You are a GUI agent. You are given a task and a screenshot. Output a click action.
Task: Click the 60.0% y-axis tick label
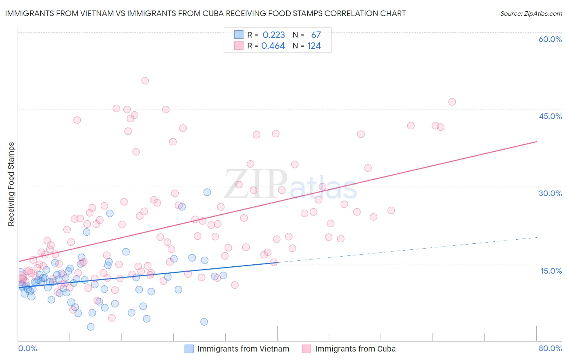point(550,39)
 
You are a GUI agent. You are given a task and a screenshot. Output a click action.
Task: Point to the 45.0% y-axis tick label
point(550,116)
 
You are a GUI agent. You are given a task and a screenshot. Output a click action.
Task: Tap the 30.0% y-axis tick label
point(550,193)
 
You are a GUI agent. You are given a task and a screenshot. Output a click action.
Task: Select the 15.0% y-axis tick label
point(551,271)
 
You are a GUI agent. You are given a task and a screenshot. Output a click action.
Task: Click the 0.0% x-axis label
point(27,348)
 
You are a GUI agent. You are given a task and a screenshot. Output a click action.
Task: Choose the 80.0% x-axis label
point(550,348)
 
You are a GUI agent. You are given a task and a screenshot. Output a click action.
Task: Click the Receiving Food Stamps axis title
point(11,184)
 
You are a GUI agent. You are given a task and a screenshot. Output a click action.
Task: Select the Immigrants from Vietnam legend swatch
point(189,349)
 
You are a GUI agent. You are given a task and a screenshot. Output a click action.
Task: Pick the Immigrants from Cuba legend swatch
point(307,349)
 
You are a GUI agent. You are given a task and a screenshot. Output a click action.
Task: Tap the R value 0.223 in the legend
point(274,35)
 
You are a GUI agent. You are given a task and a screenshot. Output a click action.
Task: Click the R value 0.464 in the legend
point(273,46)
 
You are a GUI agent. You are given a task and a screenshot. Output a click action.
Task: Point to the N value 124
point(314,46)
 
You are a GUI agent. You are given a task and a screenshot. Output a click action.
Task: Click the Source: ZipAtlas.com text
point(531,13)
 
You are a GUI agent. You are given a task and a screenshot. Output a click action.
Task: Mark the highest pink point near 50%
point(145,81)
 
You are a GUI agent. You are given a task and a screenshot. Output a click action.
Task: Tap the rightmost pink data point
point(452,102)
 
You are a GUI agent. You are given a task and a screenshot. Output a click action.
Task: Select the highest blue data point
point(207,192)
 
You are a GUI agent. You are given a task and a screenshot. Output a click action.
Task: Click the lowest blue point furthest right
point(204,322)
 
